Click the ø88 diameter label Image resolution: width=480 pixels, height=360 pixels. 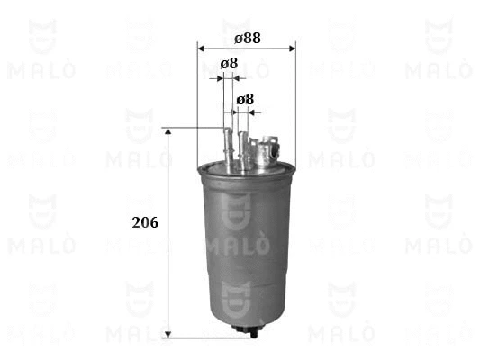point(247,39)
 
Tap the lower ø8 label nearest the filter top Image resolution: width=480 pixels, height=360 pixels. point(244,99)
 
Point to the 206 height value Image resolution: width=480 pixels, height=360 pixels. point(144,222)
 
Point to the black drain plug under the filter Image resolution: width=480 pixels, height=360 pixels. point(243,330)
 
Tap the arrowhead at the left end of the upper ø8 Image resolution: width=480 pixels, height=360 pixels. point(216,79)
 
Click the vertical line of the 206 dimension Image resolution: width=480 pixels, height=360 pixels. point(168,270)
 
